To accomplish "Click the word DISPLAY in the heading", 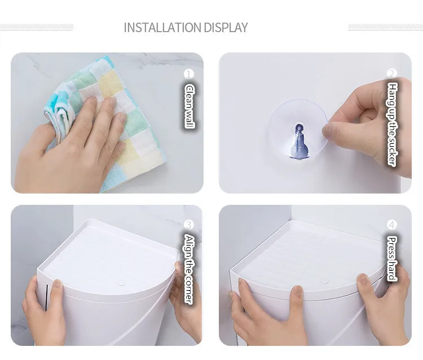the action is [226, 28].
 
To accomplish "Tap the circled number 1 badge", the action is [189, 74].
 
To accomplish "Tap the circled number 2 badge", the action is [392, 73].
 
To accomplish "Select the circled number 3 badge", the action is [189, 225].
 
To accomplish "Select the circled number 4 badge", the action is [392, 225].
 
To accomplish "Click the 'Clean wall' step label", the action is [190, 106].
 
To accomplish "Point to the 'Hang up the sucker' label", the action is [393, 124].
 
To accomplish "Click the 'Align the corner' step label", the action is [189, 270].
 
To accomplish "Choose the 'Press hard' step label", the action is [392, 259].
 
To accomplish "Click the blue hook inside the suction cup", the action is [299, 141].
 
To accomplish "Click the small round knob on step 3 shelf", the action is [121, 283].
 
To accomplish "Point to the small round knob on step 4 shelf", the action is [325, 281].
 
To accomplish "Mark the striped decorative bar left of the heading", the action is [37, 27].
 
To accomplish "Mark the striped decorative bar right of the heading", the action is [386, 27].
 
